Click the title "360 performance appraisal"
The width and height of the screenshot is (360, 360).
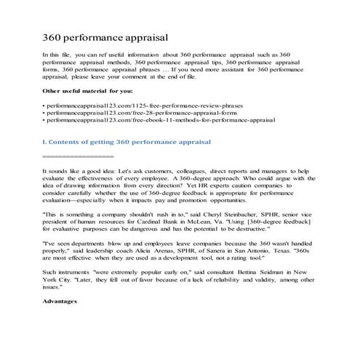[106, 36]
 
